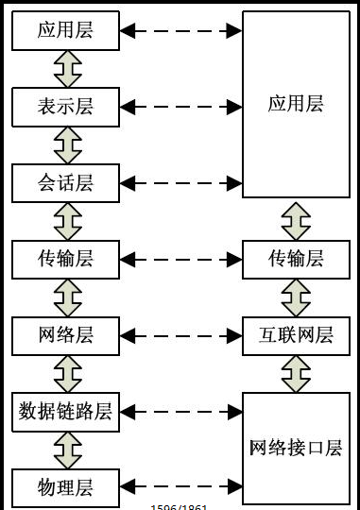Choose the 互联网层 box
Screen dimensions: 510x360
click(x=296, y=335)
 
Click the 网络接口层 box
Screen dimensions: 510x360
click(x=296, y=448)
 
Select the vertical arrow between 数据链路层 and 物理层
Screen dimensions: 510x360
click(x=66, y=450)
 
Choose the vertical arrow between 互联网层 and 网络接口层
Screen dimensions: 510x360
click(x=296, y=373)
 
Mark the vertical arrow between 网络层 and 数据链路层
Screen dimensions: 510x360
click(x=66, y=373)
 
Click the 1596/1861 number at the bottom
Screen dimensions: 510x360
click(x=180, y=506)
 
